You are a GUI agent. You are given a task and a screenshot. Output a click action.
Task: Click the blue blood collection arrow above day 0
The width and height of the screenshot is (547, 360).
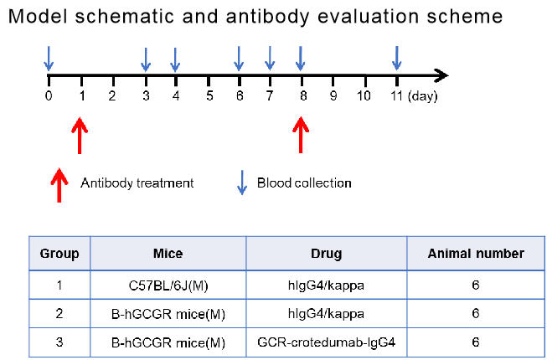click(49, 59)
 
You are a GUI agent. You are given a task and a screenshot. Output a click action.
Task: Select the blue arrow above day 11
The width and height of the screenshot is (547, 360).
click(397, 59)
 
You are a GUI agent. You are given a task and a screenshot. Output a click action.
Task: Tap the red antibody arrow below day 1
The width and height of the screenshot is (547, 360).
click(80, 136)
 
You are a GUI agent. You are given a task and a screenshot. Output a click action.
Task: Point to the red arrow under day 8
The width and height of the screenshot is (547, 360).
click(301, 135)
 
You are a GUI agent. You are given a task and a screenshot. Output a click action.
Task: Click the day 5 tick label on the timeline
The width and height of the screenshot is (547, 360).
click(209, 95)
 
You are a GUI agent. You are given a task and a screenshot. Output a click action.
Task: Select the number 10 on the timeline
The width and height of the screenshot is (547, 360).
click(364, 95)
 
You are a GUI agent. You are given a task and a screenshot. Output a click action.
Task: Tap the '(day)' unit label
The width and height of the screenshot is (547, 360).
click(422, 95)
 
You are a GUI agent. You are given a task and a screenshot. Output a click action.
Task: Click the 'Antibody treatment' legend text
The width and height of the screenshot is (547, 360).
click(137, 183)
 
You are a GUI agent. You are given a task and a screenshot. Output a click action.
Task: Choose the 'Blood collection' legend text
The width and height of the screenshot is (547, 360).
click(304, 183)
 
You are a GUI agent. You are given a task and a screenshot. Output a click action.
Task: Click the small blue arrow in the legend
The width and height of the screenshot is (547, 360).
click(242, 183)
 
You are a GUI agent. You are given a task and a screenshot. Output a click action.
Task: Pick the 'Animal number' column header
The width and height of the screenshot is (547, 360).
click(476, 254)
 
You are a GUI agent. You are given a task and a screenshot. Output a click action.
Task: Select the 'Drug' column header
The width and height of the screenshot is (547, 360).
click(326, 254)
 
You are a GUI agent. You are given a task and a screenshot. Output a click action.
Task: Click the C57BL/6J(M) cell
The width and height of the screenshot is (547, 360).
click(168, 285)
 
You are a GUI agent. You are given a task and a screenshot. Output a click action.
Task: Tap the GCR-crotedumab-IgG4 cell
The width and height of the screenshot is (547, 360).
click(326, 342)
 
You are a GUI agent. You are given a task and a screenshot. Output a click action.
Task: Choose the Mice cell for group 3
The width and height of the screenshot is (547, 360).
click(168, 343)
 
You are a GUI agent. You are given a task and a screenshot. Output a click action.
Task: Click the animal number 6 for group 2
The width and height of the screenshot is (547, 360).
click(476, 314)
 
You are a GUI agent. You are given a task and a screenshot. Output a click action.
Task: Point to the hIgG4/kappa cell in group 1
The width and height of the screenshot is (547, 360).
click(326, 285)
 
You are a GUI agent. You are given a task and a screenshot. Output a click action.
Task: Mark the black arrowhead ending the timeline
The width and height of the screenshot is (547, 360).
click(441, 75)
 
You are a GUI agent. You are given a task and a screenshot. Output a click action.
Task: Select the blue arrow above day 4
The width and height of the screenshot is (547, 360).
click(175, 59)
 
